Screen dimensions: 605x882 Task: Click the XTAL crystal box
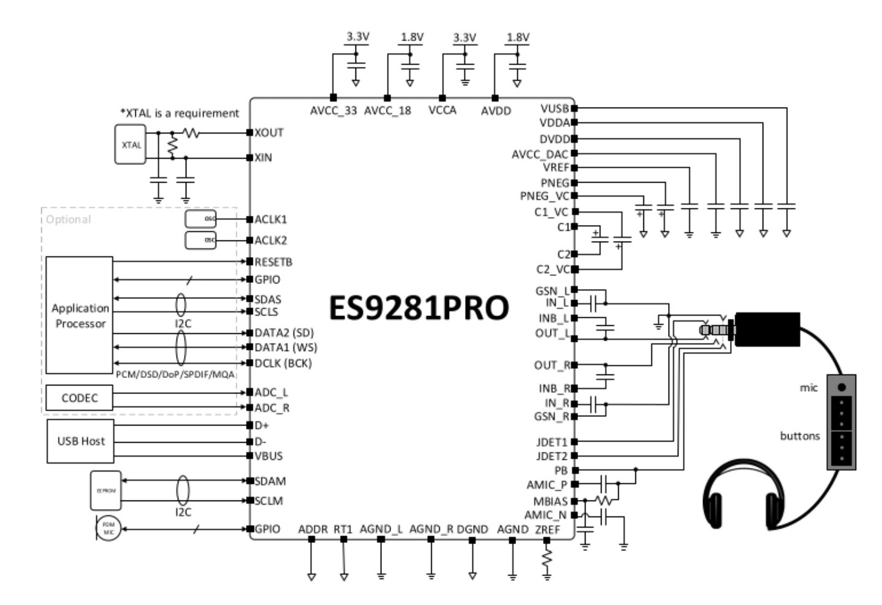coord(130,144)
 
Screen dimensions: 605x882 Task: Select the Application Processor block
coord(79,315)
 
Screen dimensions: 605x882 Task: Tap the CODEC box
coord(79,398)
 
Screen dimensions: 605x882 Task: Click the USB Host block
coord(81,441)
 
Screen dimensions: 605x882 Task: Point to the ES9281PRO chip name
coord(419,308)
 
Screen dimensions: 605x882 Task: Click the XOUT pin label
coord(269,132)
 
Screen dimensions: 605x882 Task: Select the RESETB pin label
coord(274,262)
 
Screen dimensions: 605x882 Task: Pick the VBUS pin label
coord(269,456)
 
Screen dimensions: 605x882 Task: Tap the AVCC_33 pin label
coord(333,111)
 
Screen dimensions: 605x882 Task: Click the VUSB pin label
coord(554,108)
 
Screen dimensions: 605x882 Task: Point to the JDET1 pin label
coord(552,442)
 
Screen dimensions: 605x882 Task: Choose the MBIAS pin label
coord(550,501)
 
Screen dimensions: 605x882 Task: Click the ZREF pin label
coord(547,529)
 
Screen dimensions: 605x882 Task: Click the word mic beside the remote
coord(809,387)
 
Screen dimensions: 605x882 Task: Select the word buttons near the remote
coord(800,436)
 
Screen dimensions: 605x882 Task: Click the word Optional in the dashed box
coord(68,219)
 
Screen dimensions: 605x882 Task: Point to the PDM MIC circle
coord(109,529)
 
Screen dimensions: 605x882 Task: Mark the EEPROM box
coord(106,491)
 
